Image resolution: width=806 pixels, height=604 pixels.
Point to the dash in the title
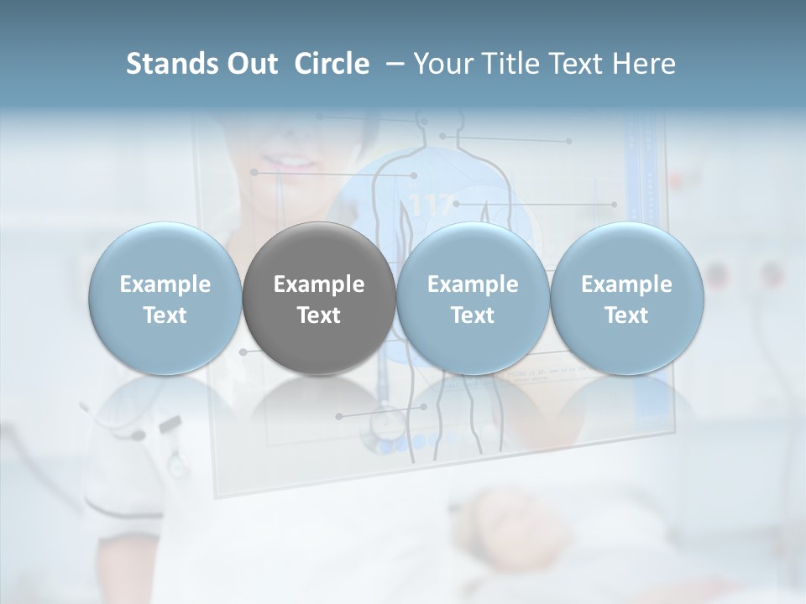tap(391, 64)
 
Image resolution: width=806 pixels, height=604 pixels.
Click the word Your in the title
tap(442, 64)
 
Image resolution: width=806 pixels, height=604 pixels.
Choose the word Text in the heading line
tap(574, 64)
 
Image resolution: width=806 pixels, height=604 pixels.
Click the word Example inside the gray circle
tap(319, 284)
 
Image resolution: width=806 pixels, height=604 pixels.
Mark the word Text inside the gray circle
tap(319, 315)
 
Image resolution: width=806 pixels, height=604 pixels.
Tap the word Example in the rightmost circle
tap(626, 284)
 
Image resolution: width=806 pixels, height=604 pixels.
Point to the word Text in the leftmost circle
tap(165, 315)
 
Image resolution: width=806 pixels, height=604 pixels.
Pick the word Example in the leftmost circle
tap(165, 284)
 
